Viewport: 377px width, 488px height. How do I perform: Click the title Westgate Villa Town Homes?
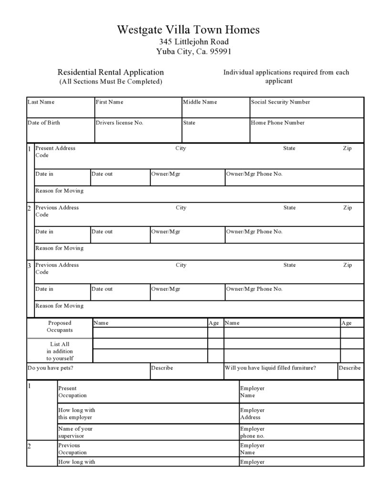[x=188, y=30]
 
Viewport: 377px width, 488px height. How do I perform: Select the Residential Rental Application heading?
[x=111, y=73]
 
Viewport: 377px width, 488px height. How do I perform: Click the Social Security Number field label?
[x=280, y=102]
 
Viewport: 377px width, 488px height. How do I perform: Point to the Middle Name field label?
[x=200, y=102]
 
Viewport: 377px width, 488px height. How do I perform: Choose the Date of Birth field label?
[x=44, y=123]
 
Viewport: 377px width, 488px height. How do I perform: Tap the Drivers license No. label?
[x=119, y=123]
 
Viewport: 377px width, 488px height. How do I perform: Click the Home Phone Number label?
[x=278, y=123]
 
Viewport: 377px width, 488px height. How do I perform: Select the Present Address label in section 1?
[x=55, y=149]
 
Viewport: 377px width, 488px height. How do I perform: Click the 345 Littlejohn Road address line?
[x=194, y=42]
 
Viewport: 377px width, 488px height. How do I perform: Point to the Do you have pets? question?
[x=51, y=368]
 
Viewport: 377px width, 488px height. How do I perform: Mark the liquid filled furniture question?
[x=271, y=368]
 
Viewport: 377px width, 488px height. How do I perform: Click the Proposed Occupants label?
[x=60, y=327]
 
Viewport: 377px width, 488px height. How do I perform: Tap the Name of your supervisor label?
[x=75, y=432]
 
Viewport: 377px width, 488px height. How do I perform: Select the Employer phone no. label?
[x=252, y=432]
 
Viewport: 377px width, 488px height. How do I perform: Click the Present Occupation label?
[x=73, y=392]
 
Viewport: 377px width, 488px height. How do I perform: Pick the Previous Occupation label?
[x=73, y=449]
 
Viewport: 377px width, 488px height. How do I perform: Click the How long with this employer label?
[x=76, y=414]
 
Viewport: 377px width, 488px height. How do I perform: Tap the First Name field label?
[x=109, y=102]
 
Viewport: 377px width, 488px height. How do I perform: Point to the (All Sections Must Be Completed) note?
[x=111, y=82]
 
